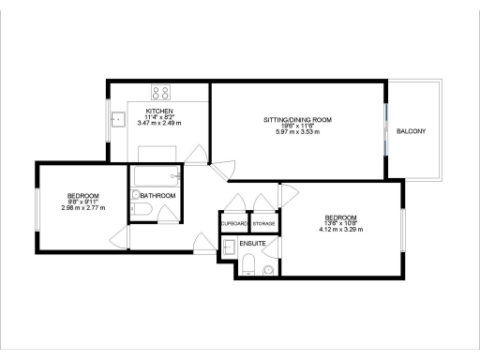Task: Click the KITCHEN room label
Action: pyautogui.click(x=157, y=111)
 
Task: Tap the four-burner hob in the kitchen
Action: pyautogui.click(x=160, y=93)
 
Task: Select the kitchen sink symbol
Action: pyautogui.click(x=118, y=119)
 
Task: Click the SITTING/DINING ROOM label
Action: pyautogui.click(x=297, y=120)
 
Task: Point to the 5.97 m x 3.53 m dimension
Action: pyautogui.click(x=297, y=133)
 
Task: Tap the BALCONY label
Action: pyautogui.click(x=411, y=131)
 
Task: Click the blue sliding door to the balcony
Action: pyautogui.click(x=386, y=131)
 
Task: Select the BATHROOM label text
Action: pyautogui.click(x=159, y=195)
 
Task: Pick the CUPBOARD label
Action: pyautogui.click(x=233, y=225)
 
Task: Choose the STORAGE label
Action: pyautogui.click(x=263, y=225)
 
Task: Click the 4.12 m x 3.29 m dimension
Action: pyautogui.click(x=340, y=230)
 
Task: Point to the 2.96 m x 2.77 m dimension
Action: pyautogui.click(x=82, y=208)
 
